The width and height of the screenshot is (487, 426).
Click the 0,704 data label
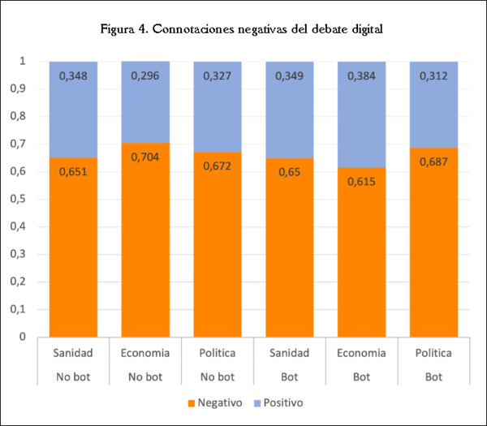pos(145,157)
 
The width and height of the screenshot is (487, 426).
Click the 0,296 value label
pos(145,76)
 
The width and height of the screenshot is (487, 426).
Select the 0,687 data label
pos(433,161)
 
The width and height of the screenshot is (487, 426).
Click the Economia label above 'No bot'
pos(145,354)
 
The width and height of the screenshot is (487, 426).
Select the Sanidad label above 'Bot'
pos(289,354)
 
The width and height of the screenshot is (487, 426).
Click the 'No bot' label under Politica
pos(218,377)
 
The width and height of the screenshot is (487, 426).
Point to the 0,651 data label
pos(74,171)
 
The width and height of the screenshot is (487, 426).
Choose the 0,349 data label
pos(289,76)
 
